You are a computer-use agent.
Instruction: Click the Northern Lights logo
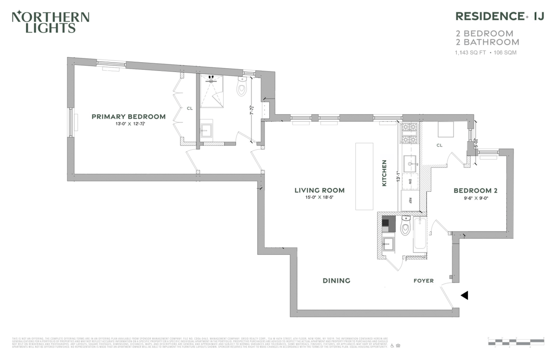pyautogui.click(x=50, y=22)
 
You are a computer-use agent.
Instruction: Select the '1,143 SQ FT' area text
pyautogui.click(x=470, y=53)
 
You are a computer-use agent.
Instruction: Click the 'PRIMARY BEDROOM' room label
pyautogui.click(x=128, y=116)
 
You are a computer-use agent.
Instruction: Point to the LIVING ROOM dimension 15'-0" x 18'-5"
pyautogui.click(x=319, y=198)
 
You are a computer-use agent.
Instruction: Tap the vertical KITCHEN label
pyautogui.click(x=384, y=173)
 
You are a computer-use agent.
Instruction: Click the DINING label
pyautogui.click(x=336, y=281)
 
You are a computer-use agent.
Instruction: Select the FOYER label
pyautogui.click(x=423, y=281)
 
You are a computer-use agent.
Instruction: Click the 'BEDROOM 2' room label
pyautogui.click(x=475, y=190)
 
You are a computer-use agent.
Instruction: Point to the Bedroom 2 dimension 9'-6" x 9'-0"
pyautogui.click(x=475, y=198)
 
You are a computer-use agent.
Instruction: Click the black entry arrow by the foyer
pyautogui.click(x=464, y=295)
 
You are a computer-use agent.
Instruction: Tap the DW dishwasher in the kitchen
pyautogui.click(x=410, y=182)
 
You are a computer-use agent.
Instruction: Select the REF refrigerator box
pyautogui.click(x=410, y=200)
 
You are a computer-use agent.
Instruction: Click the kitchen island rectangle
pyautogui.click(x=364, y=176)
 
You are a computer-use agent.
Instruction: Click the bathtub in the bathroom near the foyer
pyautogui.click(x=419, y=236)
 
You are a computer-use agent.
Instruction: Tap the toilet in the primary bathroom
pyautogui.click(x=242, y=87)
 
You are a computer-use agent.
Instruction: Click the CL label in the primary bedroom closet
pyautogui.click(x=189, y=109)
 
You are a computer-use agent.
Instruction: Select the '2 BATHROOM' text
pyautogui.click(x=487, y=42)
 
